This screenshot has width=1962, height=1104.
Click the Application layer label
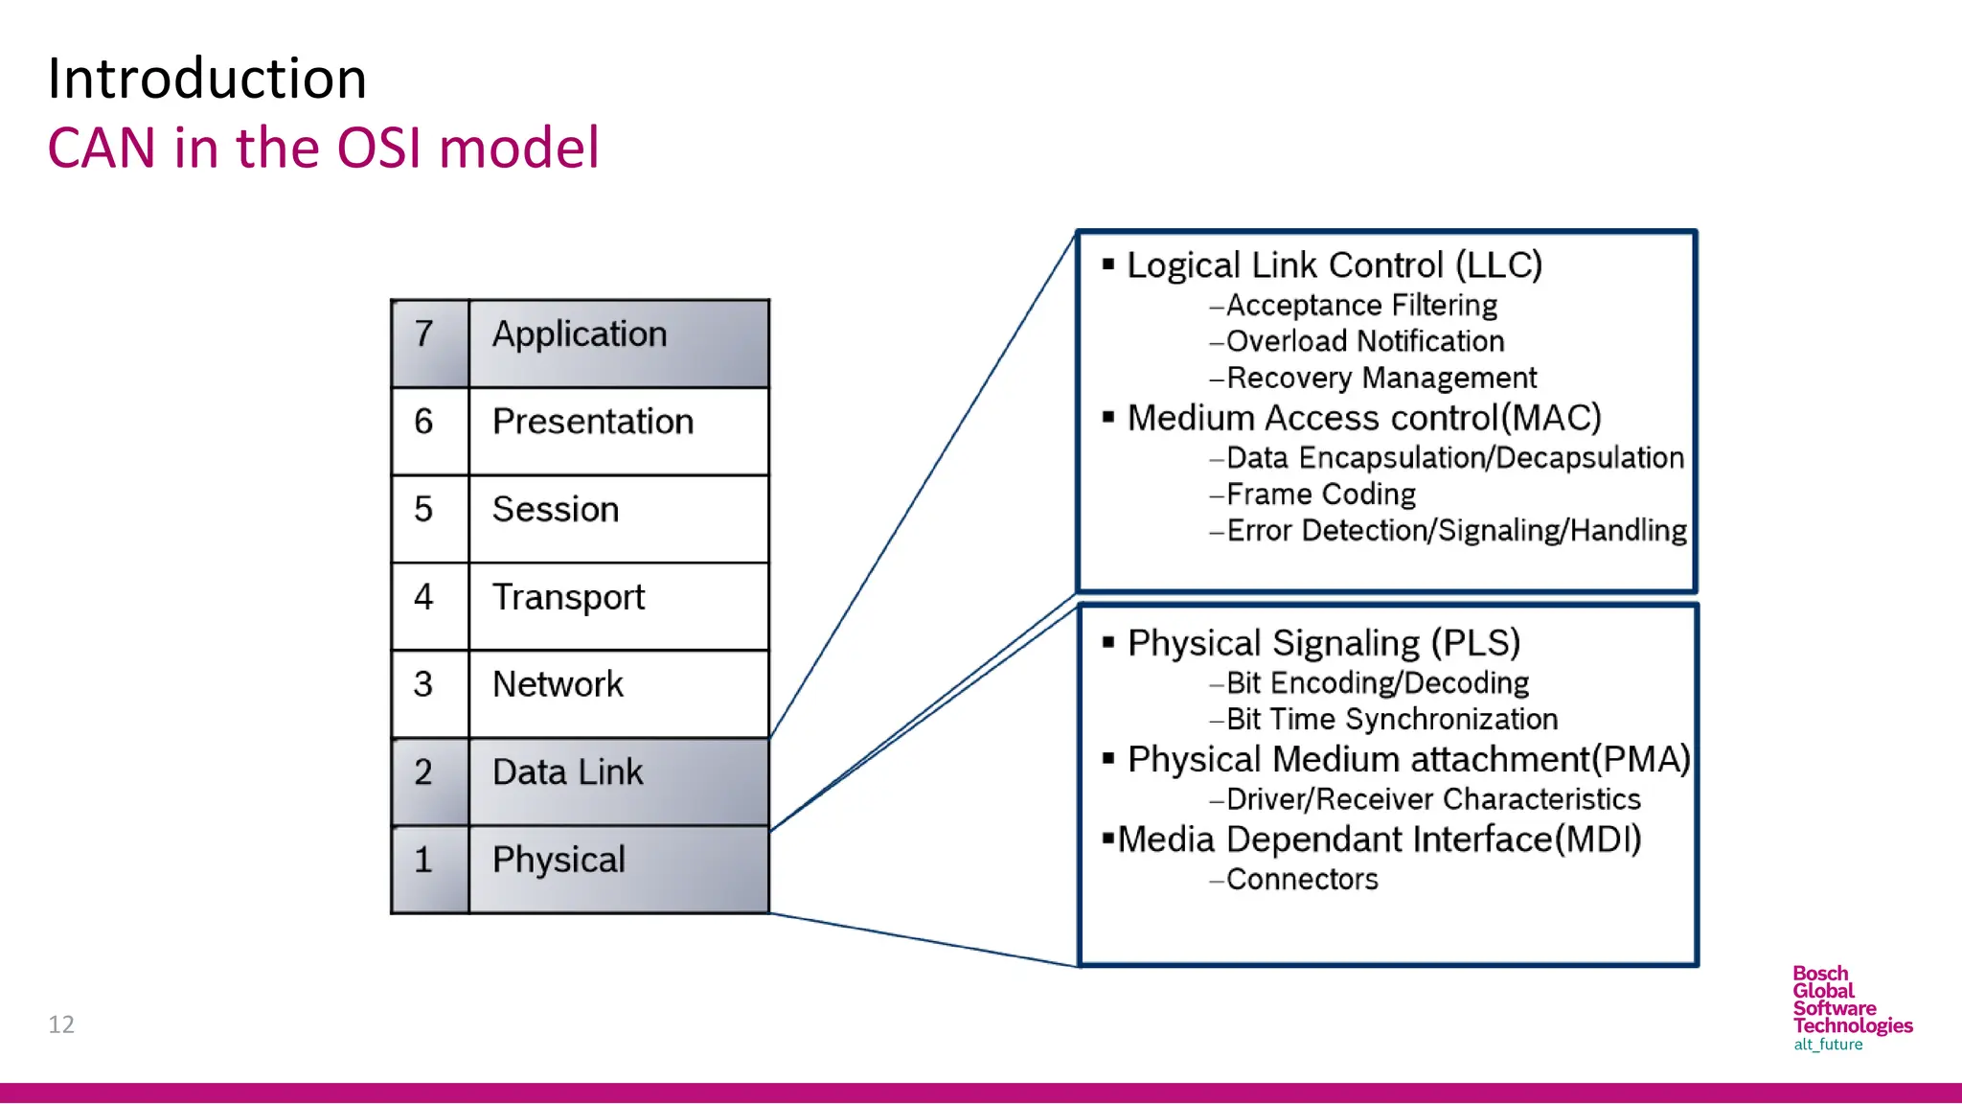tap(580, 334)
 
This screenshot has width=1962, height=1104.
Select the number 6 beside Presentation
tap(423, 422)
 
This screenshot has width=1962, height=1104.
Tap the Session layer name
tap(556, 510)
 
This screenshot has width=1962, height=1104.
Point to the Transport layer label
tap(568, 597)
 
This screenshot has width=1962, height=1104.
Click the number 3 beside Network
tap(423, 684)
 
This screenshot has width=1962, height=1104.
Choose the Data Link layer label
tap(567, 772)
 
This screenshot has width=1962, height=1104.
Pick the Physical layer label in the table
tap(559, 860)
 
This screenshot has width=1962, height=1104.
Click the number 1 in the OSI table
tap(423, 860)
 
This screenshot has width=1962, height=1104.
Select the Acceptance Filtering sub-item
tap(1360, 306)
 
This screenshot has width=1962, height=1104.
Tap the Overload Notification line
tap(1364, 341)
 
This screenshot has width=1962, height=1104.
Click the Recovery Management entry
tap(1380, 378)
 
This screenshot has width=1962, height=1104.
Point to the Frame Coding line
tap(1320, 494)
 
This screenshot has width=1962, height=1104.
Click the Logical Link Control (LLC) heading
tap(1334, 265)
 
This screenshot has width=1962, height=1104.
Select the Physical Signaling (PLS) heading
tap(1323, 643)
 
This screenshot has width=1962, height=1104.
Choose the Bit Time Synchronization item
tap(1391, 719)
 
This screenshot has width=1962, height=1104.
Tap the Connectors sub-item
tap(1301, 879)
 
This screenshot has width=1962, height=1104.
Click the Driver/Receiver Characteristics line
tap(1432, 799)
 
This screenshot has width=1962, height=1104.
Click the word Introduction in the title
tap(207, 79)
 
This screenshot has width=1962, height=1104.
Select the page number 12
tap(61, 1024)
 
